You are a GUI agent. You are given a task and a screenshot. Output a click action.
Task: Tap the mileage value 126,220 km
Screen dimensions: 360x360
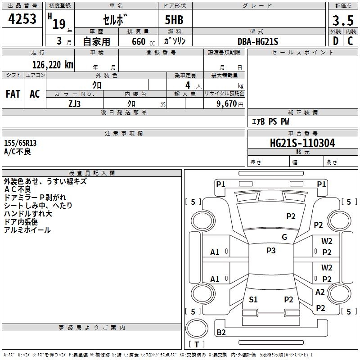click(x=53, y=65)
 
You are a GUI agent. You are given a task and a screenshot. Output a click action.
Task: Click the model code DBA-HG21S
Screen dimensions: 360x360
click(x=258, y=41)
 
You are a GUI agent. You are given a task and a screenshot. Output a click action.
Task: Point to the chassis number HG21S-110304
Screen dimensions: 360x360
click(x=302, y=143)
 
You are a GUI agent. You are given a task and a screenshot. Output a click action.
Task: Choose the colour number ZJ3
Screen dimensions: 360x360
click(x=75, y=103)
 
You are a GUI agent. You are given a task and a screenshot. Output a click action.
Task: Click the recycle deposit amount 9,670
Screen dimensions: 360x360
click(x=227, y=103)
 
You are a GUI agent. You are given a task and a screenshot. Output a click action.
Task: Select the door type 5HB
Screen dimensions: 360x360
click(x=174, y=20)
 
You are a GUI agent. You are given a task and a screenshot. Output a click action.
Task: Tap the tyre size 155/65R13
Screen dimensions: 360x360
click(x=20, y=143)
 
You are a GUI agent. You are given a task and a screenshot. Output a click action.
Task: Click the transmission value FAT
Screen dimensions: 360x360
click(x=13, y=94)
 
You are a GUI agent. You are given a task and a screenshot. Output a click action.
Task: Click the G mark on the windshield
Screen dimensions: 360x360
click(x=284, y=237)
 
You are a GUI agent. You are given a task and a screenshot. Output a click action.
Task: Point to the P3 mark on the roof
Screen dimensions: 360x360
click(x=271, y=251)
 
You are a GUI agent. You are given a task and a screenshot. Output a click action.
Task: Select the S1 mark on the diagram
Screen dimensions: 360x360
click(x=253, y=299)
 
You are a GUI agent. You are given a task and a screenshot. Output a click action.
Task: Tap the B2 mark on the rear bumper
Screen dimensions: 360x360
click(x=221, y=333)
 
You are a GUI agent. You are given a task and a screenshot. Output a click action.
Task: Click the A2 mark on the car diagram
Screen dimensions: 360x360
click(x=320, y=292)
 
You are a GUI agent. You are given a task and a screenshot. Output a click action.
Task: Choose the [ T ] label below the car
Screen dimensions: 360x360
click(x=197, y=344)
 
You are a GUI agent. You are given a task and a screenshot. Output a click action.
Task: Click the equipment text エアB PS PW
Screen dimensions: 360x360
click(x=270, y=121)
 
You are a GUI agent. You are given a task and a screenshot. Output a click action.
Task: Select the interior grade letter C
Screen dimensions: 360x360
click(x=350, y=41)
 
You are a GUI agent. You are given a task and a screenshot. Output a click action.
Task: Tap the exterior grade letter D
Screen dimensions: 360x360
click(x=335, y=41)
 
